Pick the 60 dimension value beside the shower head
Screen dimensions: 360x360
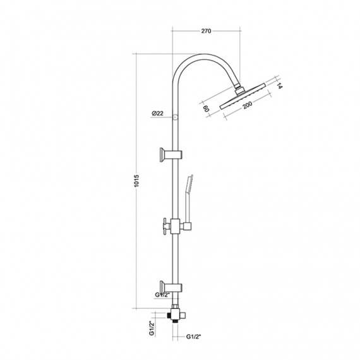click(207, 108)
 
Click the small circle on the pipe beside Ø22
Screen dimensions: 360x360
click(177, 114)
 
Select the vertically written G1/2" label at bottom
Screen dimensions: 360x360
click(152, 330)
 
